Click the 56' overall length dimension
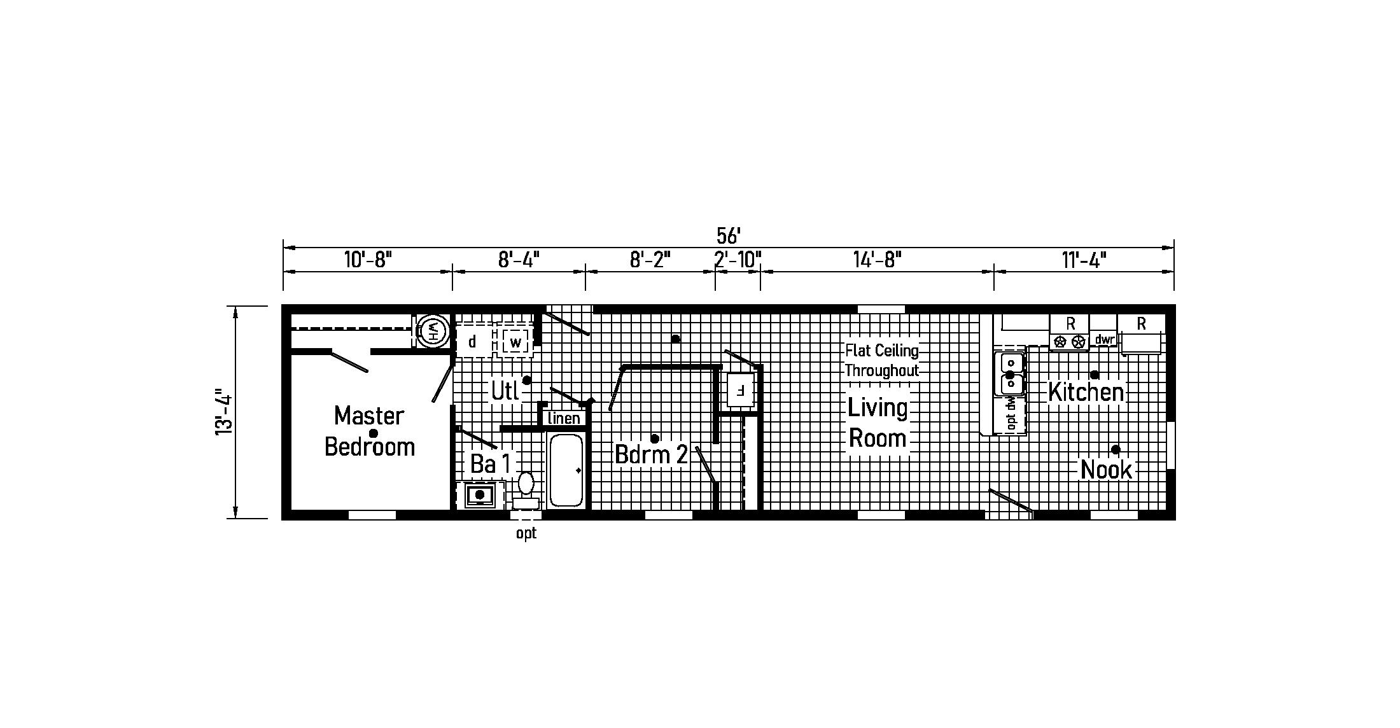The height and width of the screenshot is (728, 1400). click(x=728, y=236)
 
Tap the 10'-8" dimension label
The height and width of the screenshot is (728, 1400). click(x=368, y=260)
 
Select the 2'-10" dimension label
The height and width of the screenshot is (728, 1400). click(x=738, y=260)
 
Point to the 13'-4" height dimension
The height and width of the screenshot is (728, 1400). click(x=223, y=412)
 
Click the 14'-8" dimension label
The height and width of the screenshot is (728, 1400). click(x=877, y=260)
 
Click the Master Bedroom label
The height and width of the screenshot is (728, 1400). click(x=369, y=431)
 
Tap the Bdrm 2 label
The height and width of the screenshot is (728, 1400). click(x=651, y=454)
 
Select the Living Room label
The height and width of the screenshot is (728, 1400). click(x=878, y=423)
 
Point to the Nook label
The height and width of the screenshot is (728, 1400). click(x=1107, y=470)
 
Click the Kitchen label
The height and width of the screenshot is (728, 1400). click(x=1086, y=391)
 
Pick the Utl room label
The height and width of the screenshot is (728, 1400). click(x=505, y=391)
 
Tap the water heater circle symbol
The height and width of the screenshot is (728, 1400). click(x=433, y=330)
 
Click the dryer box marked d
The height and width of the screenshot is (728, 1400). click(x=473, y=342)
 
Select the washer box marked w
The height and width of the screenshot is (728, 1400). click(x=515, y=342)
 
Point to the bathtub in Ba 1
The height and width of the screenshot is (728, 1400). click(x=566, y=470)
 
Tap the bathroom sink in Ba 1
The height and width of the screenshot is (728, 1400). click(x=480, y=494)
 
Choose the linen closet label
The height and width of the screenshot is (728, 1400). click(x=564, y=418)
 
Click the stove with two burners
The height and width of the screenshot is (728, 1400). click(x=1069, y=341)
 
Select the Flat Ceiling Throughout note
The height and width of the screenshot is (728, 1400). click(x=882, y=360)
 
